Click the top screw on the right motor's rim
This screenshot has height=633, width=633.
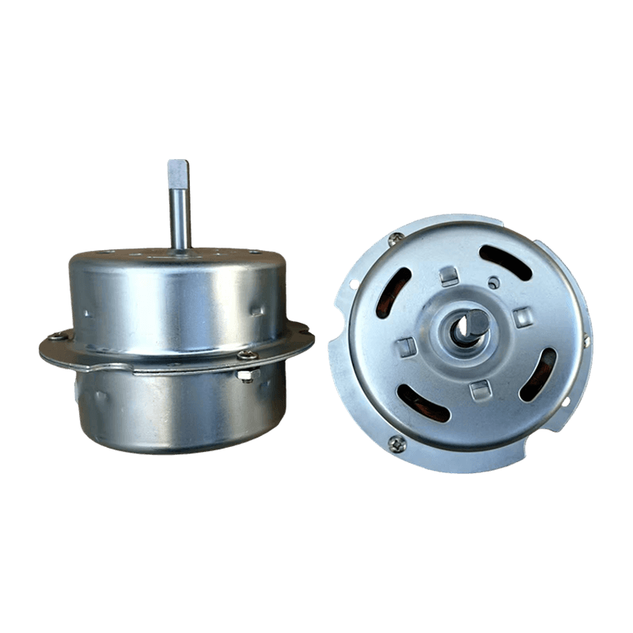[395, 237]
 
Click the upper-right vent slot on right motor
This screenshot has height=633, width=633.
[506, 262]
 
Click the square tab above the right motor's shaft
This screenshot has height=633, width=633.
[449, 276]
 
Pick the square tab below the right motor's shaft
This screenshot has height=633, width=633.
[480, 389]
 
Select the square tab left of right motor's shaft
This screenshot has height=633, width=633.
[406, 346]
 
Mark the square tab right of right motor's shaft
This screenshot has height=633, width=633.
[522, 317]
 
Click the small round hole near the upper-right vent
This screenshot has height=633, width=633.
[494, 281]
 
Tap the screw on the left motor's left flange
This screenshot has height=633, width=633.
[58, 335]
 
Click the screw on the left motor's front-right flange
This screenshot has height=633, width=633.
[246, 355]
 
